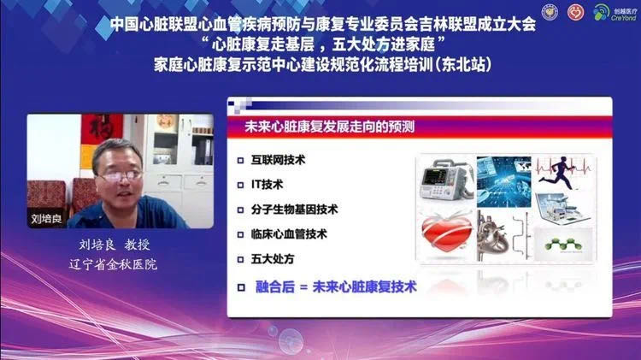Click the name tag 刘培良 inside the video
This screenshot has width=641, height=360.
click(x=44, y=217)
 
